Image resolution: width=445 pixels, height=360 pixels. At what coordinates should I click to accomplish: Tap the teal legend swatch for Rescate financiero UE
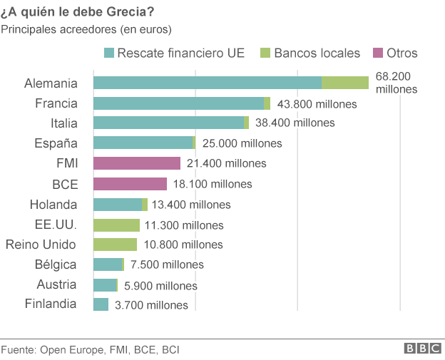109,53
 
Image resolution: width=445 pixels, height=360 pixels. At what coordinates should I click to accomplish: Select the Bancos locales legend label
317,53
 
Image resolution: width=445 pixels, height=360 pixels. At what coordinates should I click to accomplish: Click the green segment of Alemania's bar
345,83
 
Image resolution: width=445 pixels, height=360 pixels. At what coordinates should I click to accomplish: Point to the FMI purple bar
137,163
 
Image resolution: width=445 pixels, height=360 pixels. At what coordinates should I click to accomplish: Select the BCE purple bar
131,184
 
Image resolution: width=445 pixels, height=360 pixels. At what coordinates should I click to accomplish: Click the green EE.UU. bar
117,225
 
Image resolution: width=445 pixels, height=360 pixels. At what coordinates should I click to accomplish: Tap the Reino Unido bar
116,245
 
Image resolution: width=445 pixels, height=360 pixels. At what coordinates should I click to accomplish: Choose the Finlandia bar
101,305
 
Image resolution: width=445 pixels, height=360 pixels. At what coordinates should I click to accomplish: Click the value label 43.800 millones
316,103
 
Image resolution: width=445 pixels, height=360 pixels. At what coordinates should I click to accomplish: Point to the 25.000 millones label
242,143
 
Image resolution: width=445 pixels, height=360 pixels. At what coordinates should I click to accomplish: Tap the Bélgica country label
56,264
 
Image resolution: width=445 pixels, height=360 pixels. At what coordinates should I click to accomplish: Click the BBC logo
422,349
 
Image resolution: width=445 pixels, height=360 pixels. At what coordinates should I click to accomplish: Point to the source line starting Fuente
90,349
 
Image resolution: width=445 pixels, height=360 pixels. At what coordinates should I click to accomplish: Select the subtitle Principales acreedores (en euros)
86,29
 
